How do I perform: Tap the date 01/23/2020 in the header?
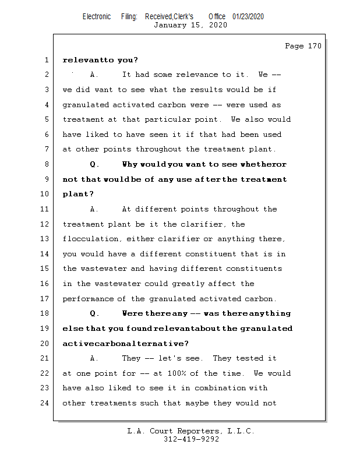(248, 17)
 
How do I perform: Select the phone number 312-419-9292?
(190, 439)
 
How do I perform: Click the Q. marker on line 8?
(96, 164)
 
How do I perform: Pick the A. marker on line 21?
(96, 358)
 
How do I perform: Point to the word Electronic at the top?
(96, 17)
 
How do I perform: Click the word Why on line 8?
(130, 164)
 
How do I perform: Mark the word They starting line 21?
(131, 358)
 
